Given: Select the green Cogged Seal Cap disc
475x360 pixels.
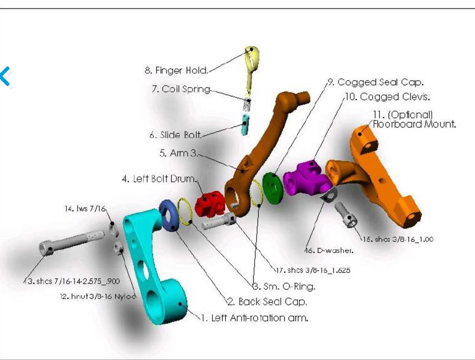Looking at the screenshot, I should coord(273,187).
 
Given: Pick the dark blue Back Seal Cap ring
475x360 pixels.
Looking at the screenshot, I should coord(168,215).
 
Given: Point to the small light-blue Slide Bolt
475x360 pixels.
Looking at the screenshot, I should coord(245,124).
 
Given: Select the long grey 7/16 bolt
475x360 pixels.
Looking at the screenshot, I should coord(72,242).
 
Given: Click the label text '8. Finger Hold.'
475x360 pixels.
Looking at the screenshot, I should coord(176,70).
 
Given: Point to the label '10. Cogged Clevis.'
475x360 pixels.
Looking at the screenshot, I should coord(387,97).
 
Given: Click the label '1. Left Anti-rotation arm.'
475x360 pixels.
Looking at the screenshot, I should coord(254,318).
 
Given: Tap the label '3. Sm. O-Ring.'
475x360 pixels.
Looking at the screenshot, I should coord(284,287).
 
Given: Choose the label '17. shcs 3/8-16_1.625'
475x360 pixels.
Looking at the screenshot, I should coord(313,270).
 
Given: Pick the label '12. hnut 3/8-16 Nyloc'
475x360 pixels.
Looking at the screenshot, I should coord(98,296).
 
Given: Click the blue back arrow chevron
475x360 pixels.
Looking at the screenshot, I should coord(6,76).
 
